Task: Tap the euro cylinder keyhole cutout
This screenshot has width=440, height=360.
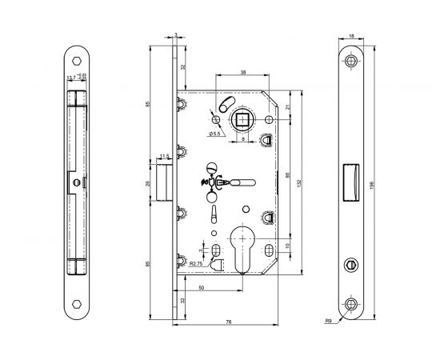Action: click(243, 243)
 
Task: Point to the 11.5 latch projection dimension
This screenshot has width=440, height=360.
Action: click(165, 157)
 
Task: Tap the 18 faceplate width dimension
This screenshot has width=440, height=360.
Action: click(352, 37)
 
